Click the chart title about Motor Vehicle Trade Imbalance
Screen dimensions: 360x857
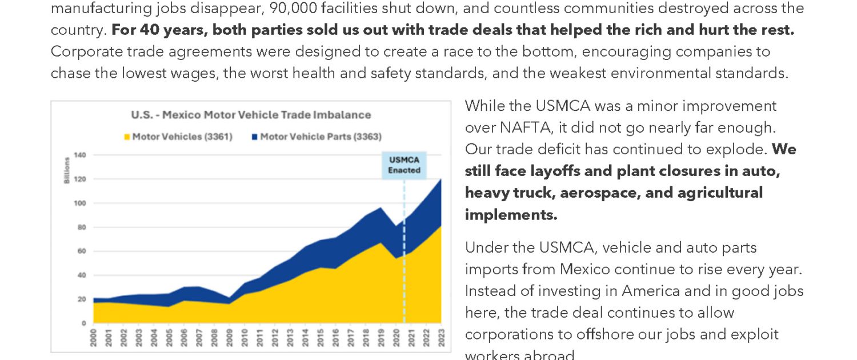(x=251, y=115)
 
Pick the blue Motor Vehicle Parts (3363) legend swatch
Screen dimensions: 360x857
(x=255, y=137)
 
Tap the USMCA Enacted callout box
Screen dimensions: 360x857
(x=404, y=165)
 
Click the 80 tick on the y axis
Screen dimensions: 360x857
(x=82, y=227)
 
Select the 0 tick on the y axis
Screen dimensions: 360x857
(x=83, y=323)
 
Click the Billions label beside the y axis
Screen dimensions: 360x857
(x=66, y=170)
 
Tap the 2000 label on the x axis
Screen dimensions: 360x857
(x=94, y=337)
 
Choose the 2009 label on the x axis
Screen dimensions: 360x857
(x=230, y=337)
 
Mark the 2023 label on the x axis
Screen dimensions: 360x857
(x=441, y=337)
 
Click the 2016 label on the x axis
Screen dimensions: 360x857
(x=335, y=337)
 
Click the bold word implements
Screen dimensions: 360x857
(x=510, y=215)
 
